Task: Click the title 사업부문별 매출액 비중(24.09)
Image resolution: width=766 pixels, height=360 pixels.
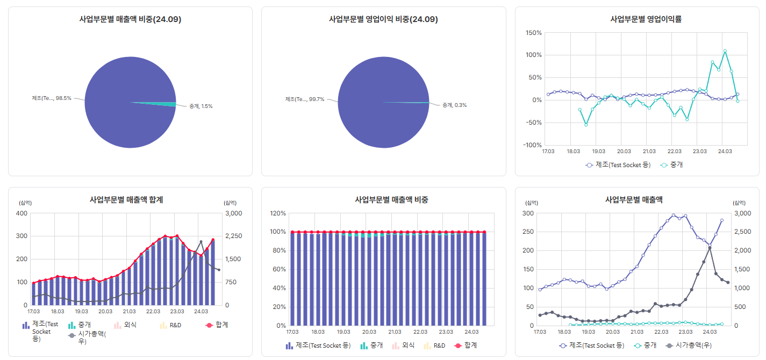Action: click(x=130, y=19)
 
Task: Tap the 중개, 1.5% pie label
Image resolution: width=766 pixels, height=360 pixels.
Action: click(x=201, y=106)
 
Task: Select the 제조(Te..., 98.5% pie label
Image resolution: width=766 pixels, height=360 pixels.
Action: click(x=52, y=98)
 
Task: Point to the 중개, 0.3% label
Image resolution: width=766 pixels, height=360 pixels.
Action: click(x=454, y=105)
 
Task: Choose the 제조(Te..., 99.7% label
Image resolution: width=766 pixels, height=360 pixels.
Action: click(x=305, y=99)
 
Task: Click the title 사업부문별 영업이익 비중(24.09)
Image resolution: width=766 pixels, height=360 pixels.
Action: click(x=383, y=19)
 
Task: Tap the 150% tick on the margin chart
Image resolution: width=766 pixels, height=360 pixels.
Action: click(x=533, y=33)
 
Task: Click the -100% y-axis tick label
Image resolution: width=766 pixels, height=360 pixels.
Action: click(x=532, y=145)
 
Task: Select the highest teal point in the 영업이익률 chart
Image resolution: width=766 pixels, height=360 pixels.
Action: click(x=725, y=51)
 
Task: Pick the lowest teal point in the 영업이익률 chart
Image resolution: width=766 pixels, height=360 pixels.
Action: click(x=586, y=125)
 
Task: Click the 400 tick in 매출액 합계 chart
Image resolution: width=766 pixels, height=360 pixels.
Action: click(x=22, y=213)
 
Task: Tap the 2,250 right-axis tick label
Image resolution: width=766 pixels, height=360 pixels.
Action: click(x=233, y=236)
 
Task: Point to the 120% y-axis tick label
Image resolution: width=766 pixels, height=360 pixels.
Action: click(x=278, y=213)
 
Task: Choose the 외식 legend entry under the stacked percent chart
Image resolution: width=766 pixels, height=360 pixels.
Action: click(x=405, y=345)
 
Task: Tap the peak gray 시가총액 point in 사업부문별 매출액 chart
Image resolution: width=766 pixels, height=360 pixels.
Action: click(x=710, y=248)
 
